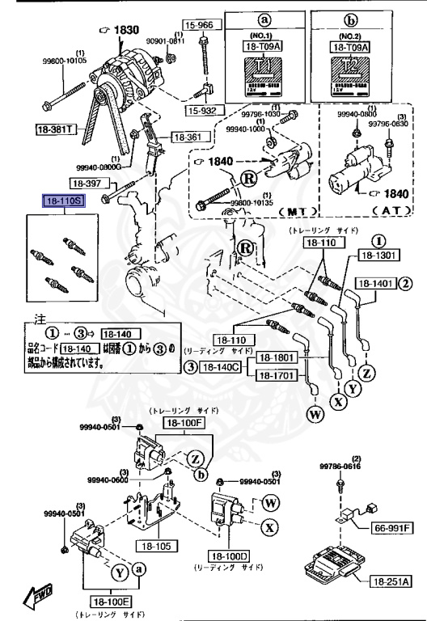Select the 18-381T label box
point(54,129)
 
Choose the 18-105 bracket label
point(157,547)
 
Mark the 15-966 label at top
point(198,26)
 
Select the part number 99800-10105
point(62,59)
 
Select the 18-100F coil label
point(186,422)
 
